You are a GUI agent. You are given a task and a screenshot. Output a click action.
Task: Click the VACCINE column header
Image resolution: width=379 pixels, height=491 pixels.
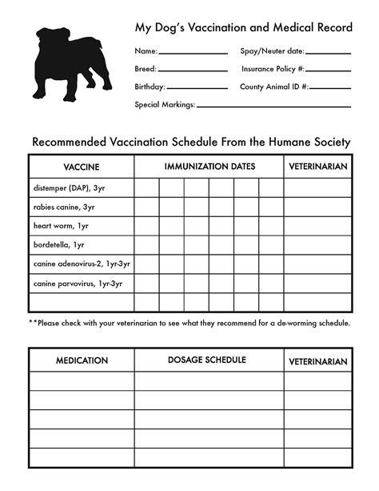[81, 167]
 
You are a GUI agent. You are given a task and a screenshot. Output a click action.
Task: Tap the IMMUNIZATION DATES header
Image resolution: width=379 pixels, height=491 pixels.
[209, 167]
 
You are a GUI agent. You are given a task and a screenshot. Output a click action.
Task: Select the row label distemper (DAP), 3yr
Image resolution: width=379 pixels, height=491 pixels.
[68, 188]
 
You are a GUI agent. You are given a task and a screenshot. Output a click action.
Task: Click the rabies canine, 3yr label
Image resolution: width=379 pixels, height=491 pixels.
[64, 207]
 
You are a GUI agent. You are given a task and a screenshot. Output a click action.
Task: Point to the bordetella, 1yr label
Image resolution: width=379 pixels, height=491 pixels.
[59, 245]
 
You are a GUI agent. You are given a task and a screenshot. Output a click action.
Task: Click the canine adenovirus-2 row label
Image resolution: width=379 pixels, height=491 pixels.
[82, 264]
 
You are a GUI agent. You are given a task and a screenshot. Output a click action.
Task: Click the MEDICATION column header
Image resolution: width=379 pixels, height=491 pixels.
[82, 360]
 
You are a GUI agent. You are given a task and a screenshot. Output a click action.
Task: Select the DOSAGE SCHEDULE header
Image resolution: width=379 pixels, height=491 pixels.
[207, 360]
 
